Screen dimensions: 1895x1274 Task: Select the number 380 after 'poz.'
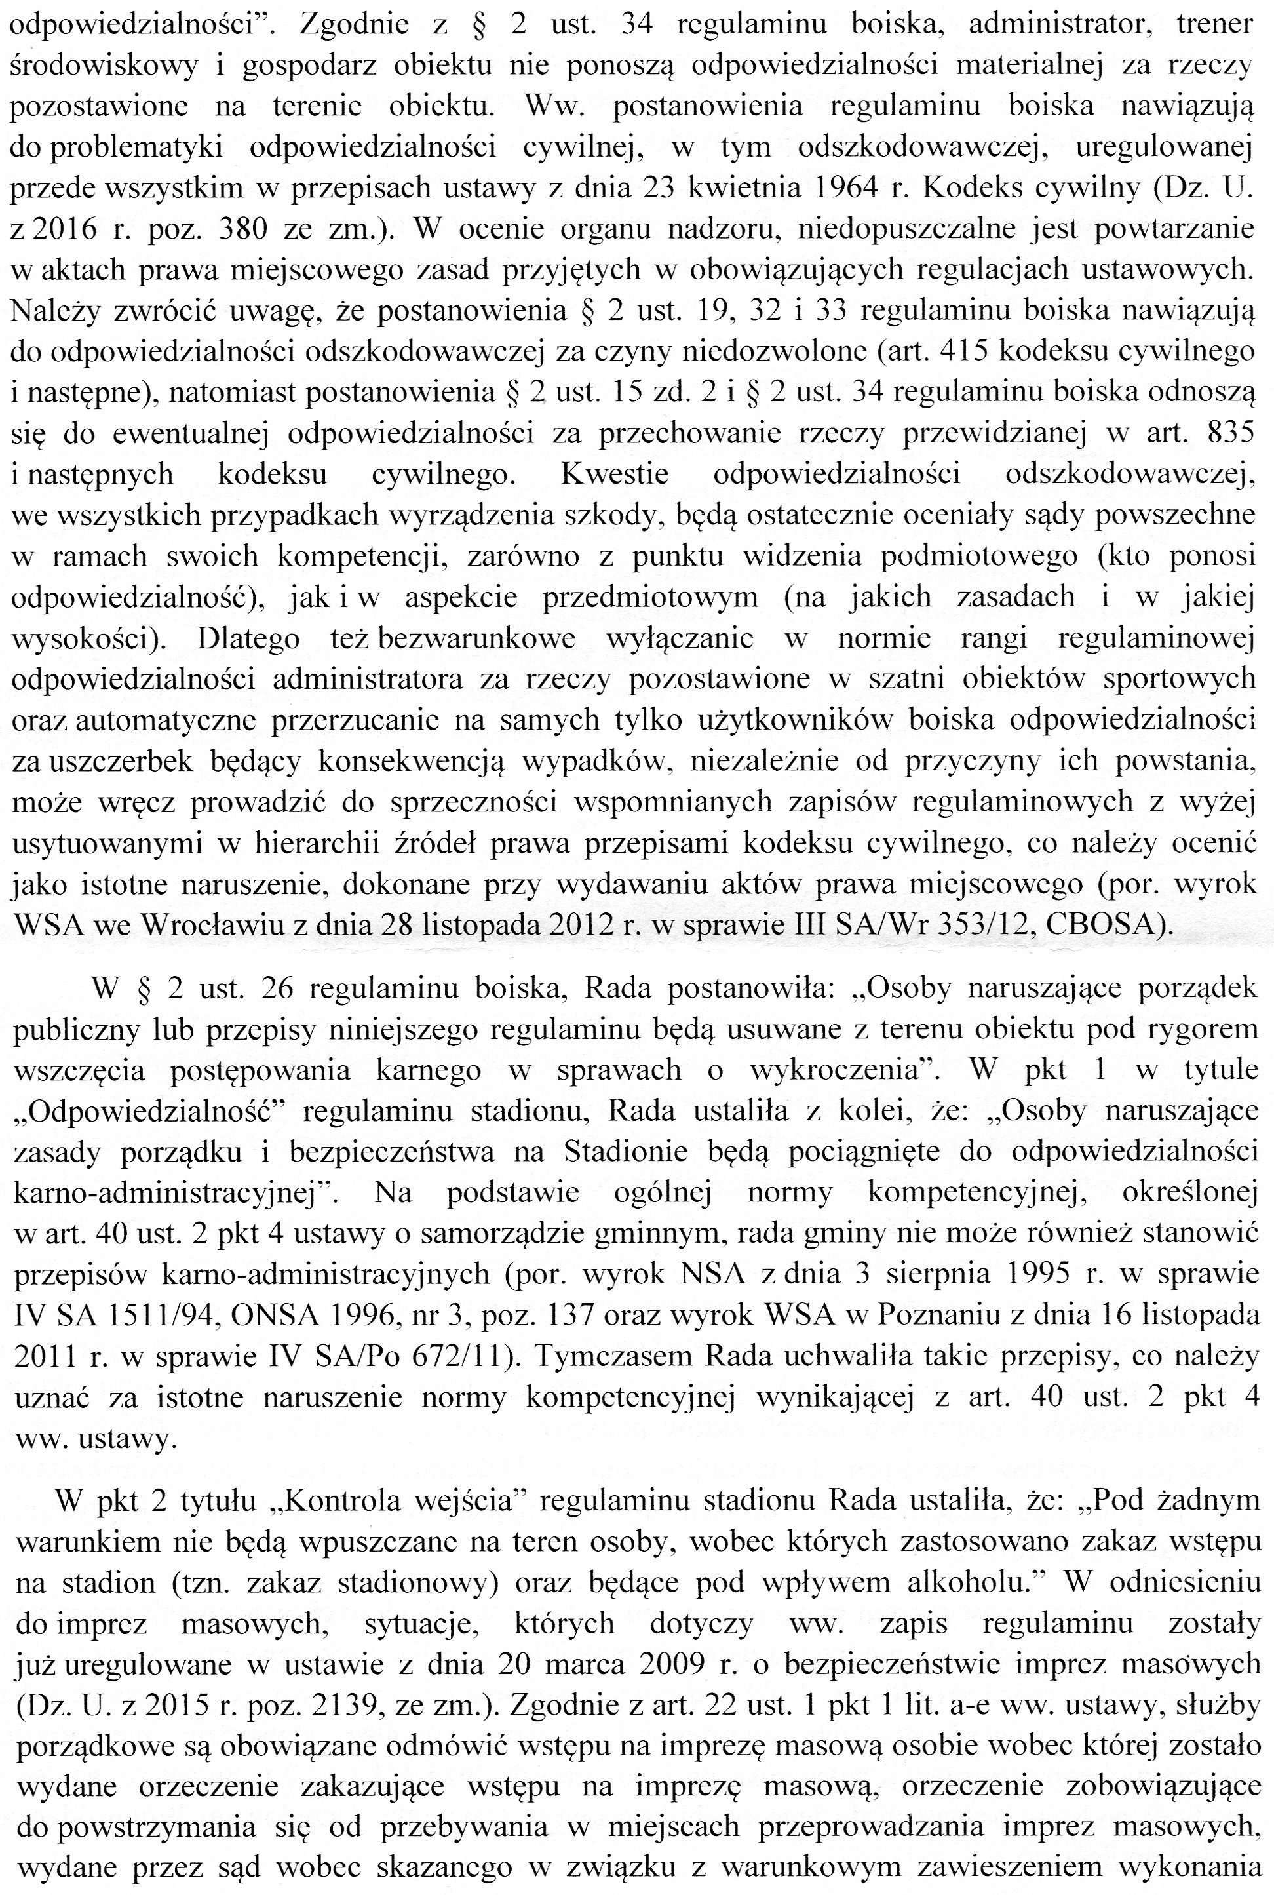pos(242,229)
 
